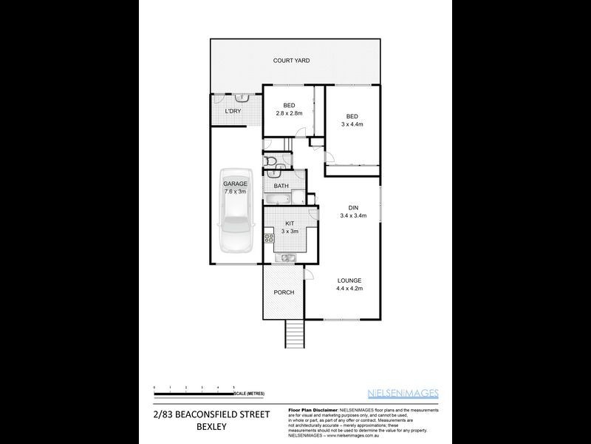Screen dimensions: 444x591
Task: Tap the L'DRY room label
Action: click(233, 111)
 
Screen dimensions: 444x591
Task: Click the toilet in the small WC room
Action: click(270, 162)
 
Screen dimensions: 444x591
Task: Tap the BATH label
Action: click(281, 186)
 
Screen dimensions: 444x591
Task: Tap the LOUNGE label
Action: click(349, 280)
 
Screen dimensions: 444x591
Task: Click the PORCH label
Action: click(284, 292)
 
